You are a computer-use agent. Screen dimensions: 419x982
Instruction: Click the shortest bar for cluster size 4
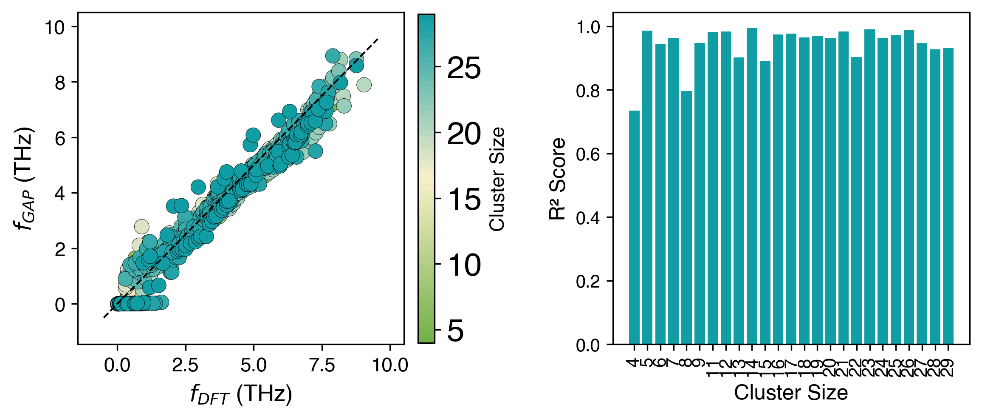tap(634, 228)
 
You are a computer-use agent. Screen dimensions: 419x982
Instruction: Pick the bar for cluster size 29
tap(948, 196)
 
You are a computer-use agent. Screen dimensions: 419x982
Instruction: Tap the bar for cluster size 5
tap(647, 187)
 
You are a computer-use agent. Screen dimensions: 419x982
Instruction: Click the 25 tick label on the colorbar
tap(464, 68)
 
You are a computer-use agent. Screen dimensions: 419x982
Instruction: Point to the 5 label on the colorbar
tap(455, 331)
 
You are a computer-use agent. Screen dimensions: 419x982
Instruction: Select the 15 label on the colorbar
tap(464, 200)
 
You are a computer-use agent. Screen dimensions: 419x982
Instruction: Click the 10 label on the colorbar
tap(464, 265)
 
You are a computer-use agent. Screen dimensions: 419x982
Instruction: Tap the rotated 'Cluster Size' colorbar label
tap(497, 179)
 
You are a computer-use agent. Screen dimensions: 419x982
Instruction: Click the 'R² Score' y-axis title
tap(558, 179)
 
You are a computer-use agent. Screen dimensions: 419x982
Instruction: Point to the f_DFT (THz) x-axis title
tap(241, 395)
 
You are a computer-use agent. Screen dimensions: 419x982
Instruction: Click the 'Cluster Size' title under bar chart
tap(791, 393)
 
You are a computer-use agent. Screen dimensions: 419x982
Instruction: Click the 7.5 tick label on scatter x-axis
tap(322, 365)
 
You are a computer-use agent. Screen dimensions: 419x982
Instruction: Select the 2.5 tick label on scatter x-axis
tap(186, 365)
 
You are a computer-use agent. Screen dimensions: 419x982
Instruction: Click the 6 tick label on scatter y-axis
tap(60, 138)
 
